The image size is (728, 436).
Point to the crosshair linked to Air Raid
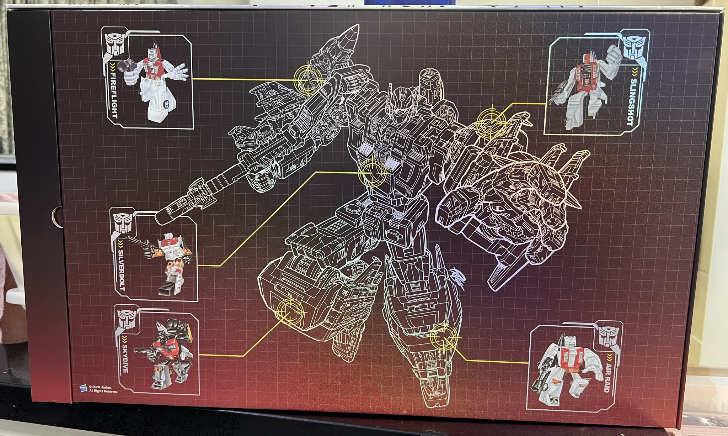pos(444,338)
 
